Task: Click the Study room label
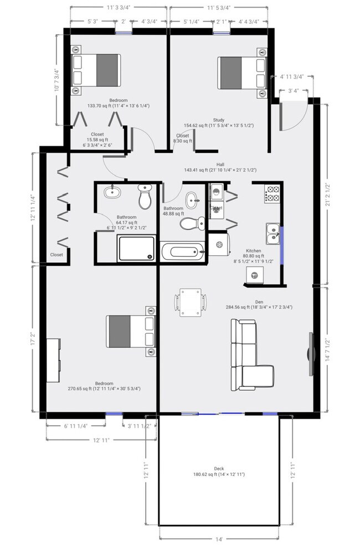[x=218, y=120]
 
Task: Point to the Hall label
[x=220, y=164]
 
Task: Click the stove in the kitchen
[x=272, y=194]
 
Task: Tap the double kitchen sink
[x=272, y=233]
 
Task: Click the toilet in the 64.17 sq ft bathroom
[x=145, y=197]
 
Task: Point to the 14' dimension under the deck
[x=219, y=538]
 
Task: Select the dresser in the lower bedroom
[x=54, y=360]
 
